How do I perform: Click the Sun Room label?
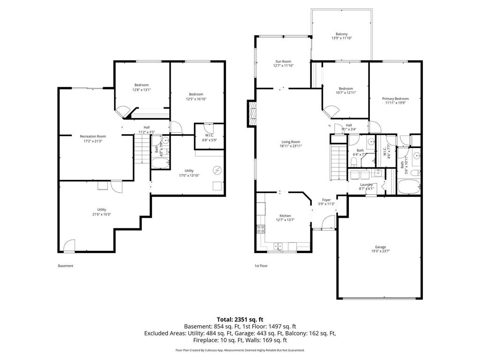pos(283,61)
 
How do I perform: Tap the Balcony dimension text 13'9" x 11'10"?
pos(341,38)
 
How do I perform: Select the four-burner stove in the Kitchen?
pos(261,229)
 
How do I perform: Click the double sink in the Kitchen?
pos(278,246)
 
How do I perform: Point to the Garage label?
pos(380,247)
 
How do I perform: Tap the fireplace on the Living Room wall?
pos(253,114)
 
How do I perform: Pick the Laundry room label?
pos(366,185)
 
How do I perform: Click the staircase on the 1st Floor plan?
pos(337,162)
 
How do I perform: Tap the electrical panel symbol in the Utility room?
pos(217,169)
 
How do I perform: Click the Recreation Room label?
pos(92,136)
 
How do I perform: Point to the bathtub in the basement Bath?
pos(161,164)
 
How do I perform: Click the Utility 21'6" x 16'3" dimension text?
pos(101,214)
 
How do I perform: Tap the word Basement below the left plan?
pos(66,266)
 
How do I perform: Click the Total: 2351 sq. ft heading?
pos(240,319)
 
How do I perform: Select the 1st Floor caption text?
pos(261,266)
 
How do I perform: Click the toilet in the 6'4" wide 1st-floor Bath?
pos(354,161)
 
